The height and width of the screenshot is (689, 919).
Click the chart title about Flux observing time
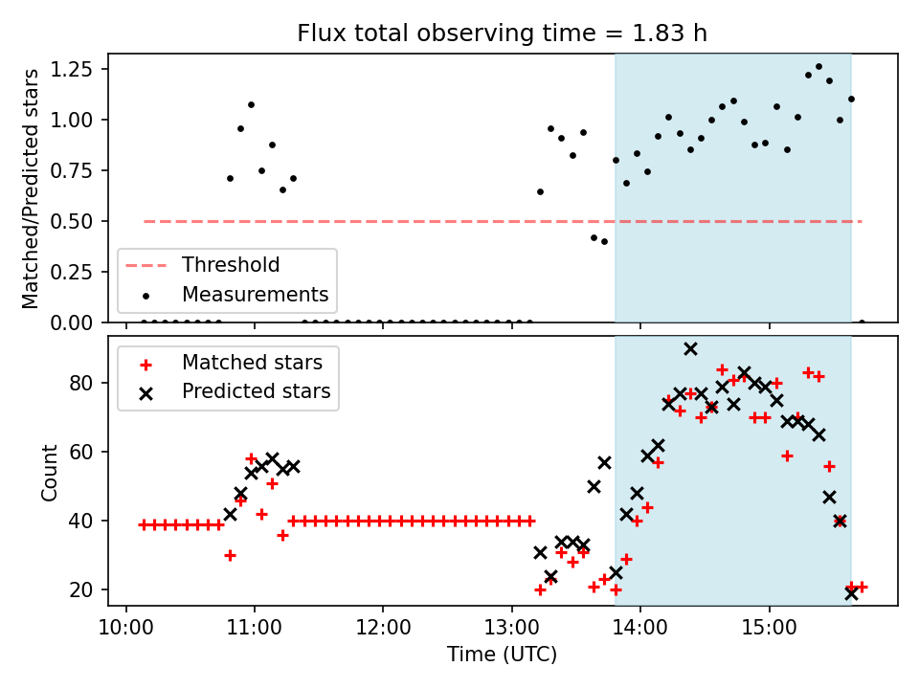pos(502,33)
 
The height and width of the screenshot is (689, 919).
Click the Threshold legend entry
pos(231,265)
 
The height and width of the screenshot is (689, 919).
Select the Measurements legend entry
pos(255,294)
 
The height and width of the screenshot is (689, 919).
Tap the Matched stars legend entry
pos(252,363)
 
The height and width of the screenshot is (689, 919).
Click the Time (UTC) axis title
pos(502,656)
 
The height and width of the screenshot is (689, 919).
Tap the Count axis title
pos(50,472)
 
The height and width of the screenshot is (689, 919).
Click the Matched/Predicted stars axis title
pos(31,189)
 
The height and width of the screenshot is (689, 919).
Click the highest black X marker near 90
pos(690,348)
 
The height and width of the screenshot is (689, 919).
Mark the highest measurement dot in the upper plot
pos(818,67)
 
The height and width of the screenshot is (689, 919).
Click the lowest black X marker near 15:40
pos(851,593)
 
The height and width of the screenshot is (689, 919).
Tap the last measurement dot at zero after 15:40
pos(862,322)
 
